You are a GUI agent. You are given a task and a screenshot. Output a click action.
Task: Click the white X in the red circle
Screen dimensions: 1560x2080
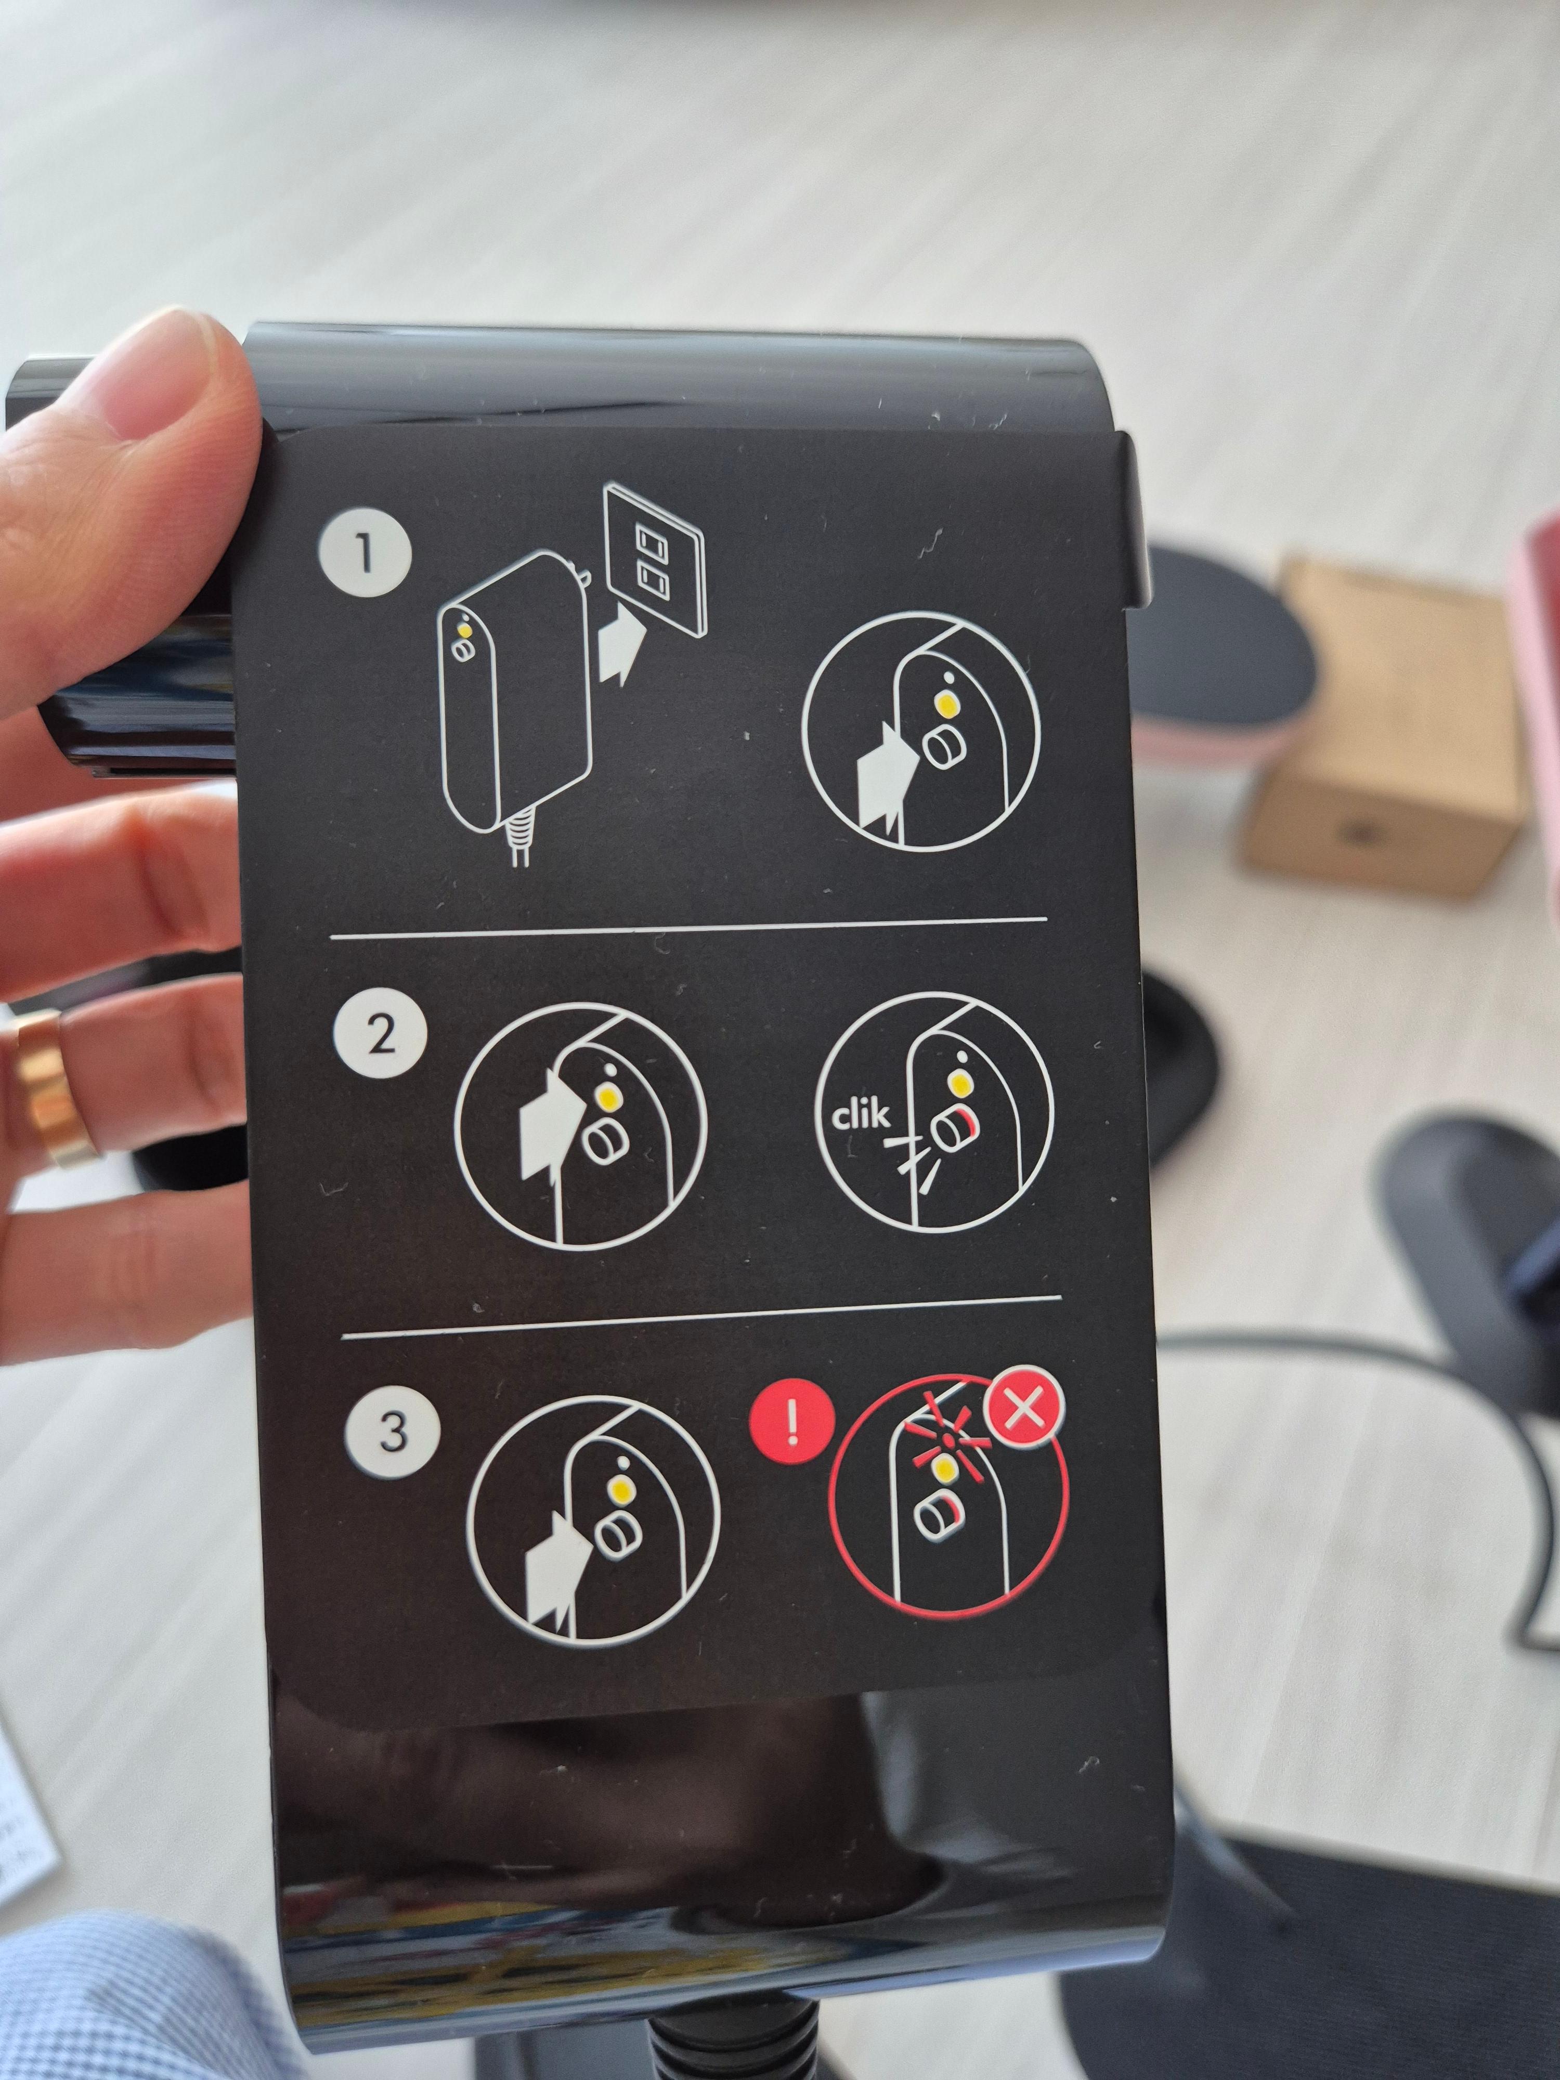[1024, 1413]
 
